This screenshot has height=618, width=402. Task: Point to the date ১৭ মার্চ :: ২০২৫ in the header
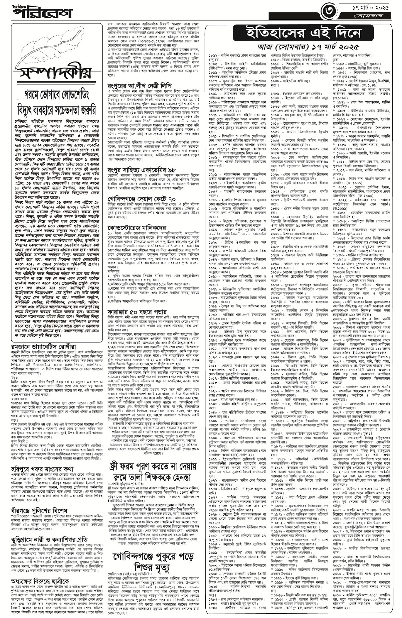click(x=371, y=7)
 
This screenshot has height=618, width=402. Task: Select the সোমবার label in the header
click(x=372, y=16)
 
